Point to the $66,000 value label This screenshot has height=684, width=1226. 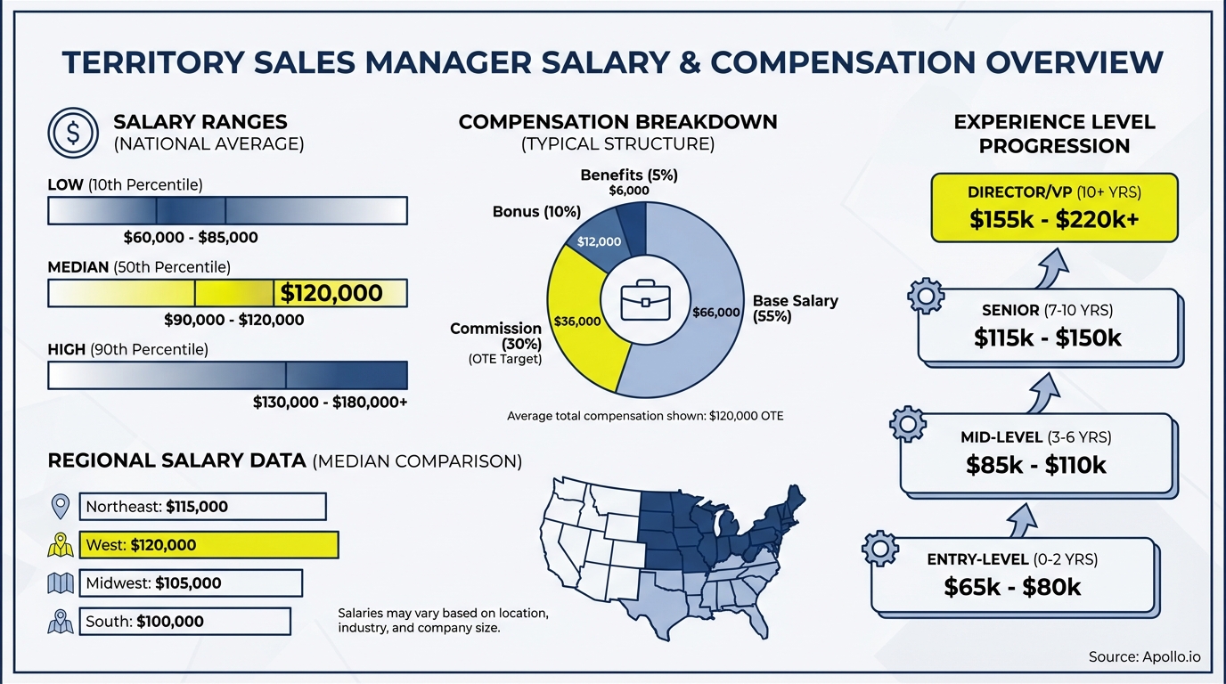click(x=716, y=313)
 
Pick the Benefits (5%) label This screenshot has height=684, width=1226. click(x=629, y=175)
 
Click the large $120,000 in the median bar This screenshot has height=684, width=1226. click(x=331, y=293)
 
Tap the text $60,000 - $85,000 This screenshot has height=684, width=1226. click(x=191, y=238)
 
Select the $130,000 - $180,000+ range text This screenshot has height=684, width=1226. click(x=330, y=403)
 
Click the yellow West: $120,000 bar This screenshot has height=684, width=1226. click(x=208, y=545)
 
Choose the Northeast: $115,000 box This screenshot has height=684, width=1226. click(x=202, y=507)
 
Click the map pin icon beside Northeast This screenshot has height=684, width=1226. click(x=61, y=507)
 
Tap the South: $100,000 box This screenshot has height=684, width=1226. click(x=184, y=622)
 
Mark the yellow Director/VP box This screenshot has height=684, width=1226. click(x=1054, y=208)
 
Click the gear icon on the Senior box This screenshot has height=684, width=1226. click(x=925, y=296)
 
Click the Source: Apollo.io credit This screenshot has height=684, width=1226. click(x=1144, y=657)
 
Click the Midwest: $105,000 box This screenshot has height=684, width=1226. click(x=191, y=583)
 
